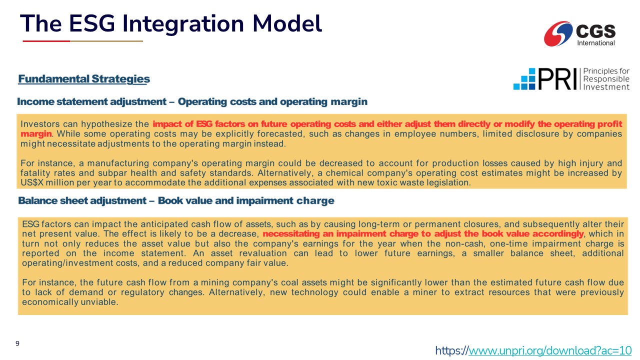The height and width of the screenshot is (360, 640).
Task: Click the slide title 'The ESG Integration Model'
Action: [x=171, y=23]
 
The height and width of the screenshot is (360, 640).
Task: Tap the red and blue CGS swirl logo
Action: [x=558, y=33]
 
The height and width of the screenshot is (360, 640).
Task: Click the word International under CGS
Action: [x=595, y=43]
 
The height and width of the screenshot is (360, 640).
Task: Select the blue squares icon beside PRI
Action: [x=524, y=79]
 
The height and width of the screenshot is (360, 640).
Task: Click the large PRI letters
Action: [x=557, y=79]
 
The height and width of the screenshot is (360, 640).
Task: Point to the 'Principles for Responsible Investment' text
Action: [x=606, y=79]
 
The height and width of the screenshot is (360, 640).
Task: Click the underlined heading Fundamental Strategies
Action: [x=84, y=79]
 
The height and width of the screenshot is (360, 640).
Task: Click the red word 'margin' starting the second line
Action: [x=36, y=133]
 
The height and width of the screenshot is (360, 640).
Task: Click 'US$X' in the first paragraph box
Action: [x=31, y=182]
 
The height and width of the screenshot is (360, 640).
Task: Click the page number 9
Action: [x=17, y=343]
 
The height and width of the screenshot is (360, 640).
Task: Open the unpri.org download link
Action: [x=533, y=350]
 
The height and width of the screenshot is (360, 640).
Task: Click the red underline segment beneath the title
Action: [x=46, y=41]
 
